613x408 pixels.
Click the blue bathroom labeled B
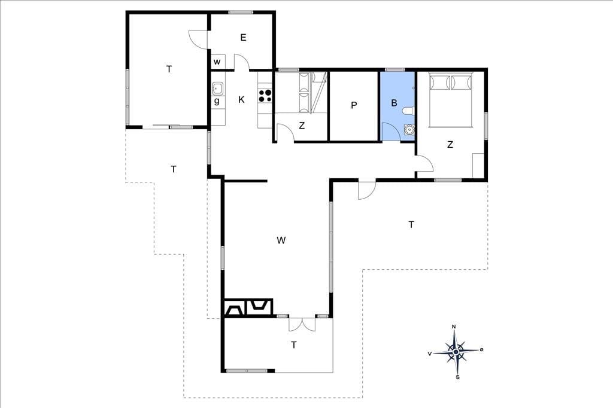tap(397, 105)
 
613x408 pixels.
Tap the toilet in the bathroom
tap(409, 111)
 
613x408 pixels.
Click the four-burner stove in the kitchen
tap(265, 96)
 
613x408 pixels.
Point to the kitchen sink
tap(218, 89)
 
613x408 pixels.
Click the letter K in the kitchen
tap(241, 100)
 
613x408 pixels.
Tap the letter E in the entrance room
tap(243, 38)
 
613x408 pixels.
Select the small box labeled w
tap(218, 62)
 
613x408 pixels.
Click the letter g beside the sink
tap(217, 101)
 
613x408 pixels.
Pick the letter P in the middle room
tap(354, 105)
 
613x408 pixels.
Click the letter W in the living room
tap(281, 240)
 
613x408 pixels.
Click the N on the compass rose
tap(454, 327)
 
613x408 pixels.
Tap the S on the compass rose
tap(458, 377)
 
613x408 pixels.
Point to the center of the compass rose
tap(456, 352)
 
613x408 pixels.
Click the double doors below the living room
tap(302, 324)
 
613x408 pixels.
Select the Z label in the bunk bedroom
tap(302, 126)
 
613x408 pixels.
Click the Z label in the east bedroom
tap(450, 145)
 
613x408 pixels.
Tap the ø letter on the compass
tap(482, 349)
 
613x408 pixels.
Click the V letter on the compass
tap(430, 354)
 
